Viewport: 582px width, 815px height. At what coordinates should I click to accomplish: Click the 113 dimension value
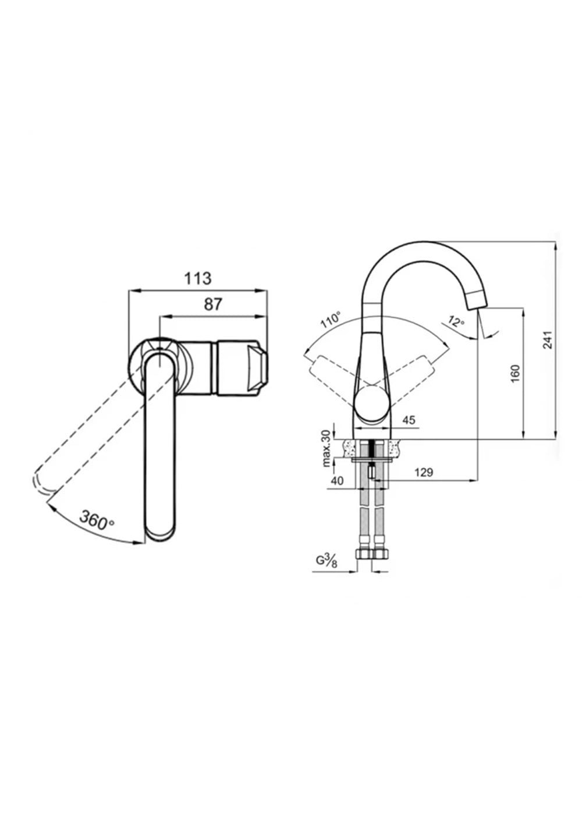click(x=198, y=279)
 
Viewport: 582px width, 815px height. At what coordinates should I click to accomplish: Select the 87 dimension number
click(x=213, y=304)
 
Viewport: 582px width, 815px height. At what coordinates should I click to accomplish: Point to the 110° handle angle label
click(x=331, y=320)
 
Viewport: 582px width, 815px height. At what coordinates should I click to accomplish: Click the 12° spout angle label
click(x=456, y=321)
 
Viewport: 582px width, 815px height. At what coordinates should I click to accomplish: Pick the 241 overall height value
click(x=548, y=339)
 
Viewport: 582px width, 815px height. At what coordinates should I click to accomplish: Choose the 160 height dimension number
click(x=516, y=373)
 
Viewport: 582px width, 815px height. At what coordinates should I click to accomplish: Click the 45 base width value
click(x=409, y=420)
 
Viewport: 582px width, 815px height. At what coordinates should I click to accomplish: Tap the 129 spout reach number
click(x=424, y=472)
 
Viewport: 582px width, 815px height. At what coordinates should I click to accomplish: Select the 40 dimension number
click(x=337, y=481)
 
